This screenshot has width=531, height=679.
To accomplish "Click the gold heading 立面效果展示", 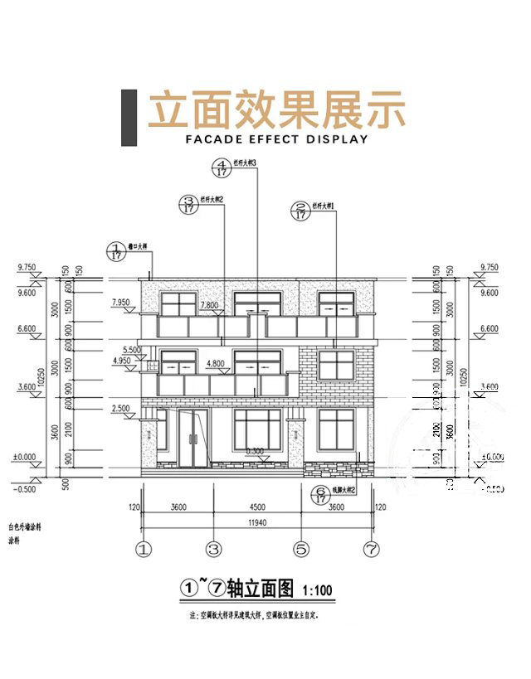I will (276, 111).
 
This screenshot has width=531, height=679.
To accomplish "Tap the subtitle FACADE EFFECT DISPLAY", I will (276, 139).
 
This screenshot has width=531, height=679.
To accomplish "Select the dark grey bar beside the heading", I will (129, 117).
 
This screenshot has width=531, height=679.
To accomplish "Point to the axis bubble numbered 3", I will (213, 549).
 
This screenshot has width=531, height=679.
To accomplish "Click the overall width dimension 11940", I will (257, 523).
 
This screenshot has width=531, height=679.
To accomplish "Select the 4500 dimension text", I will (256, 507).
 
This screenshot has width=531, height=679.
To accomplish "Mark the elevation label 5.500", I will (132, 351).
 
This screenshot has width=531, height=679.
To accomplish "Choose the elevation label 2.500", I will (120, 409).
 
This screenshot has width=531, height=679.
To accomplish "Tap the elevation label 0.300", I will (256, 452).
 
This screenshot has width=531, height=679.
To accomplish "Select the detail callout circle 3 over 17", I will (188, 205).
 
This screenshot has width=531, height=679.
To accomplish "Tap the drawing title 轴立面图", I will (260, 589).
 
